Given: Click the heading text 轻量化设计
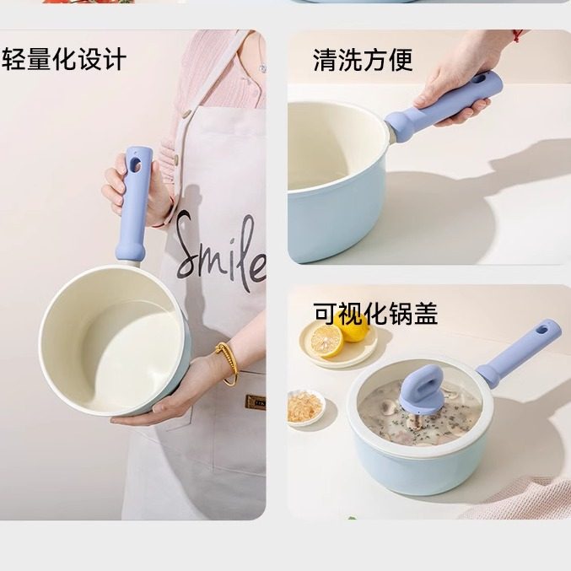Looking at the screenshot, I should tap(64, 60).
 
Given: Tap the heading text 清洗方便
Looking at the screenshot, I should tap(363, 60).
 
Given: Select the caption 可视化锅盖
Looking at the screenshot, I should tap(375, 313).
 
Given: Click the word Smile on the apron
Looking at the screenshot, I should tap(221, 246).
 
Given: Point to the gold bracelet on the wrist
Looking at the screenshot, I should tap(227, 363).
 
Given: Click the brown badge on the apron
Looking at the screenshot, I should tap(255, 400).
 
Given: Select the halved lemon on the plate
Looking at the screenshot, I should tap(326, 340).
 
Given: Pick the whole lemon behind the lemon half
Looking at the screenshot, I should tap(353, 324).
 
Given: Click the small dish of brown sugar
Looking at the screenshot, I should tap(304, 407).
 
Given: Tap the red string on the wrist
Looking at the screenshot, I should tap(516, 35).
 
